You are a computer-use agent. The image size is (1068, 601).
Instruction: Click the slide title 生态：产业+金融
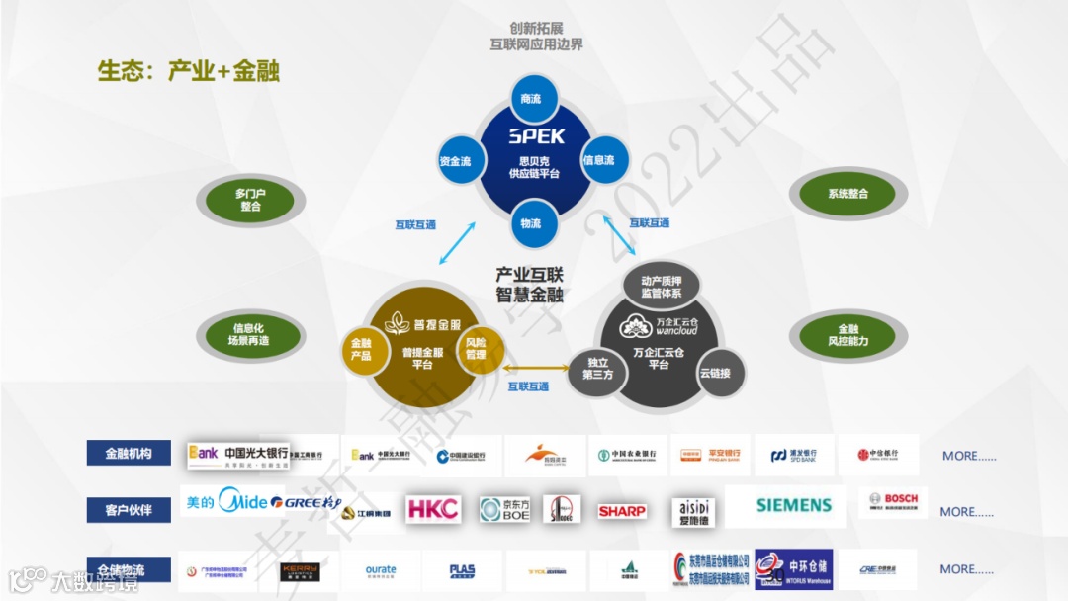[x=188, y=71]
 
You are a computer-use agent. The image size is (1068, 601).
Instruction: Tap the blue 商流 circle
[x=531, y=99]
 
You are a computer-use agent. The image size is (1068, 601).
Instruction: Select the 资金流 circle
[x=455, y=161]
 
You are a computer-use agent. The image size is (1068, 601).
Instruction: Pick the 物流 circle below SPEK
[x=531, y=224]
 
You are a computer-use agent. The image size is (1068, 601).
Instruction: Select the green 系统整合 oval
[x=847, y=194]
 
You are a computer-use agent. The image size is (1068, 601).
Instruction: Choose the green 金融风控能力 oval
[x=847, y=335]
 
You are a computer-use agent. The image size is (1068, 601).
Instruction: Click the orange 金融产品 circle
[x=361, y=348]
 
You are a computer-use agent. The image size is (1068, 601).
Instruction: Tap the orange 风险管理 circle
[x=476, y=348]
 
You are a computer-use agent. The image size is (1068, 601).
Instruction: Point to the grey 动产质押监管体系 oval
[x=662, y=287]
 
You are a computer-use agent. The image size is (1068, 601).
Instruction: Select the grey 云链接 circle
[x=714, y=373]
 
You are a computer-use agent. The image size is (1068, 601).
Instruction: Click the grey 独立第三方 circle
[x=598, y=368]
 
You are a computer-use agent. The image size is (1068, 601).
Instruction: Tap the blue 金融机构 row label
[x=129, y=454]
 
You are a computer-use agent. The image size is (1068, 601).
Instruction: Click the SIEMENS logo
[x=794, y=505]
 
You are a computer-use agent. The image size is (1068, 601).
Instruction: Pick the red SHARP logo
[x=622, y=511]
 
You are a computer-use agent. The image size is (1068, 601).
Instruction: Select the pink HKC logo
[x=433, y=509]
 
